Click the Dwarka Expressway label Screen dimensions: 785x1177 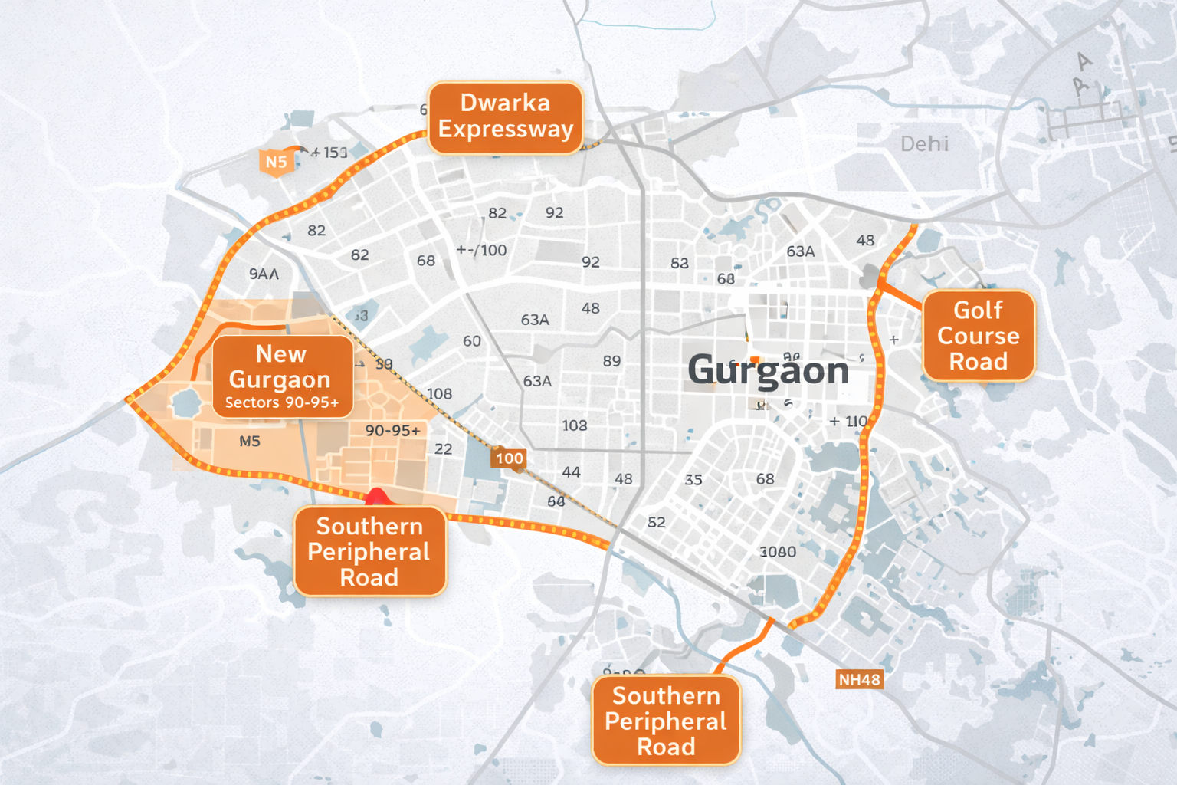[506, 117]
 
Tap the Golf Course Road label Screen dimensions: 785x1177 [979, 336]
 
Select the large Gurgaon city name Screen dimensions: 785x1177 [768, 371]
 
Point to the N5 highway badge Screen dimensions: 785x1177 [276, 162]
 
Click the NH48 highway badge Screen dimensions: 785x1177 [859, 680]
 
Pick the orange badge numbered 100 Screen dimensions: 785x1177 [509, 458]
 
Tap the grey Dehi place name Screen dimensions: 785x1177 [924, 144]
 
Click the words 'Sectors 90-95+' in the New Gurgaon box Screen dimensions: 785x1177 [282, 403]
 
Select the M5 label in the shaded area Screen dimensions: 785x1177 [250, 442]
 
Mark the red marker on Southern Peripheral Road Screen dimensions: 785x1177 [376, 497]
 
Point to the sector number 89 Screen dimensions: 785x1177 [611, 361]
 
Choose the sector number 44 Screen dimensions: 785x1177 [571, 472]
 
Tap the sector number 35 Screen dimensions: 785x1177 [693, 480]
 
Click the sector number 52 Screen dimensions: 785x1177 [656, 523]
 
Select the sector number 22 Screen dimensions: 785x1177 [443, 449]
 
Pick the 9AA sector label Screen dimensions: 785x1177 [264, 274]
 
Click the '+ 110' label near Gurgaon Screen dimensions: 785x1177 [848, 422]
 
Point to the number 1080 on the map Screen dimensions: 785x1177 [778, 552]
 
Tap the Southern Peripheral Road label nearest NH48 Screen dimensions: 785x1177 [666, 721]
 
